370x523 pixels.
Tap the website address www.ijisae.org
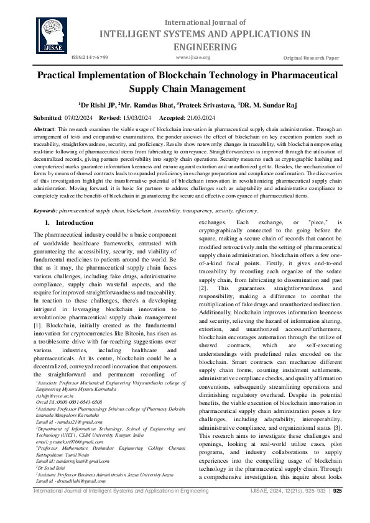click(x=193, y=57)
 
